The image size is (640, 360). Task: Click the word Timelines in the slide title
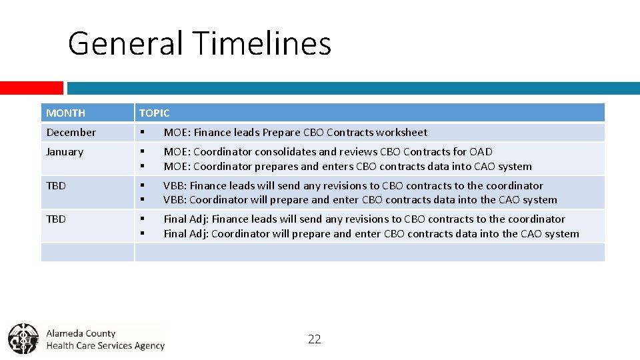click(x=263, y=43)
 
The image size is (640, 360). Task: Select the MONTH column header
click(x=65, y=113)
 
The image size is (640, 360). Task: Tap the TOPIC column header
click(x=154, y=113)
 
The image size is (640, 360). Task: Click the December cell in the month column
click(x=71, y=133)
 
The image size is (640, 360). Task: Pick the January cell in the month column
click(x=65, y=152)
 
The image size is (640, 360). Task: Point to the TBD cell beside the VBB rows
click(x=56, y=185)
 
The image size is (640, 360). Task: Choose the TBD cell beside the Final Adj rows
click(x=56, y=219)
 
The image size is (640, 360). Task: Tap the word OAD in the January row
click(x=481, y=152)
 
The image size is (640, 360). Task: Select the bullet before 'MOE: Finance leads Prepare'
click(x=142, y=133)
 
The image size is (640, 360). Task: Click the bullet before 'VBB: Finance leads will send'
click(x=142, y=185)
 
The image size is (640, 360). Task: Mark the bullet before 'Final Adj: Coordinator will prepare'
click(x=142, y=233)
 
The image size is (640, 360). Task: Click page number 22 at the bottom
click(x=315, y=339)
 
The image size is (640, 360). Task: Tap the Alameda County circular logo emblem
click(x=23, y=338)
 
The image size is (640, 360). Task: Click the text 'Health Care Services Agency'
click(x=105, y=345)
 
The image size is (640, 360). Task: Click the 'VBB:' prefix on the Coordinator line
click(x=175, y=200)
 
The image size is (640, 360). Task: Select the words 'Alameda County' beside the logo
click(x=81, y=333)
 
